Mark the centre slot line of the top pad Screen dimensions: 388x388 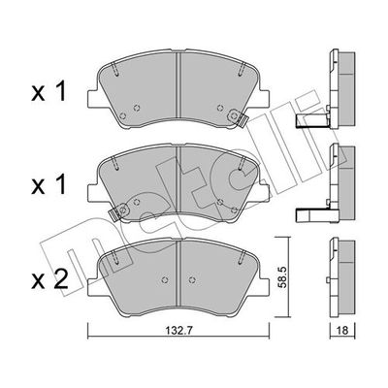179,88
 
